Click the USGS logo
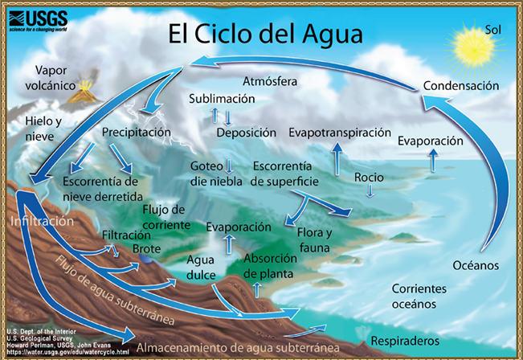(38, 21)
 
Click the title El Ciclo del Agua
(265, 34)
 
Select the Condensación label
(461, 86)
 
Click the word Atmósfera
(270, 81)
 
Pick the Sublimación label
(222, 99)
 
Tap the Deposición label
(246, 133)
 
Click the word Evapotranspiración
(340, 133)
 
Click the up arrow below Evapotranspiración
(337, 159)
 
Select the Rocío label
(369, 177)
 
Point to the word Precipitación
(136, 133)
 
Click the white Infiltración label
(42, 221)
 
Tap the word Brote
(146, 249)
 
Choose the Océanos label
(476, 265)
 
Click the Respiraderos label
(405, 341)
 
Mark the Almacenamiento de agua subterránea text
(238, 348)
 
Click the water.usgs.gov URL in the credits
(68, 352)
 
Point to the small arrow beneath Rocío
(370, 190)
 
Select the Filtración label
(126, 235)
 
